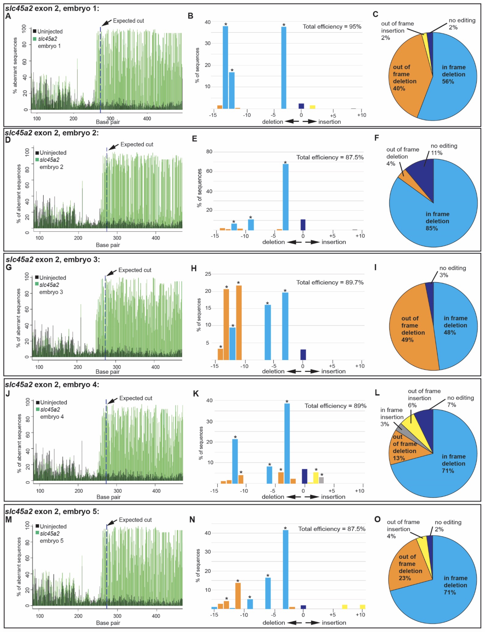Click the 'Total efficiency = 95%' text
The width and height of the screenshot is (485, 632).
tap(332, 27)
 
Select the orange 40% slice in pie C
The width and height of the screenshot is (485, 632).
tap(407, 77)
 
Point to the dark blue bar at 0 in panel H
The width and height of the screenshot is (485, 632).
tap(303, 354)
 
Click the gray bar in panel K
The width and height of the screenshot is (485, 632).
tap(321, 480)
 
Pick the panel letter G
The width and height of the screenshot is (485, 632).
tap(9, 268)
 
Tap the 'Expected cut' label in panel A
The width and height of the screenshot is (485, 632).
tap(128, 21)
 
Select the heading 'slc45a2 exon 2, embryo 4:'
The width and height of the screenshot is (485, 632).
tap(52, 385)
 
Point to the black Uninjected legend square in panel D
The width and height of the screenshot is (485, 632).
tap(37, 153)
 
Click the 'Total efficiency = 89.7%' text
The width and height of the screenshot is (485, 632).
tap(330, 282)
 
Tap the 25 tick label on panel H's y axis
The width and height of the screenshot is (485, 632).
tap(208, 274)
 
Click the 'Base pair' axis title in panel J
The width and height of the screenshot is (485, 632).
tap(108, 497)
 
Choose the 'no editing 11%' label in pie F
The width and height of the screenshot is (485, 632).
tap(444, 149)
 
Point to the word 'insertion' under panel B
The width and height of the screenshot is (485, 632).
tap(329, 122)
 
